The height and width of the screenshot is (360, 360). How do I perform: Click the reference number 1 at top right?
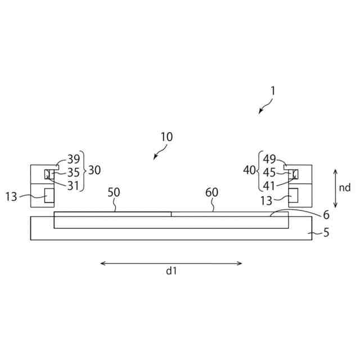(273, 90)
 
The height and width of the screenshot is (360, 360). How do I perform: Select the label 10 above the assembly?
(166, 137)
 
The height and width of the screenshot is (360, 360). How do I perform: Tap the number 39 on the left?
(74, 159)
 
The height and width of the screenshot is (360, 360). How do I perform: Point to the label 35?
(74, 173)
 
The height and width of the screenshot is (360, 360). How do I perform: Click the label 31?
(74, 186)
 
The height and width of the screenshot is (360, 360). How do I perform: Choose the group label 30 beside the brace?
(94, 170)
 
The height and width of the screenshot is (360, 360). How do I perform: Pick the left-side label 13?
(12, 196)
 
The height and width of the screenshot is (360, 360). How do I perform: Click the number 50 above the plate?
(114, 192)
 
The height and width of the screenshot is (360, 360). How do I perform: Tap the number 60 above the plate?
(211, 192)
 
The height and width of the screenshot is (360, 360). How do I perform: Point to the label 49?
(269, 159)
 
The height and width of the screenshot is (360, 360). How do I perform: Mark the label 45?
(269, 173)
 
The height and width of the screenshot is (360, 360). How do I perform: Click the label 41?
(269, 186)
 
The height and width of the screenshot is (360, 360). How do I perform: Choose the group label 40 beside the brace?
(249, 170)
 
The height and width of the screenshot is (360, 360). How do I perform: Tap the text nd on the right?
(344, 188)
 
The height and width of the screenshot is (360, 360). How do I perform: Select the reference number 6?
(326, 215)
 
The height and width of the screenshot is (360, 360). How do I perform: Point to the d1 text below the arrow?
(172, 271)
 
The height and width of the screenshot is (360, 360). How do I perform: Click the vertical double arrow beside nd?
(335, 187)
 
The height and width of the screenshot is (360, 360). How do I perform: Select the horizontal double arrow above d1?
(171, 263)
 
